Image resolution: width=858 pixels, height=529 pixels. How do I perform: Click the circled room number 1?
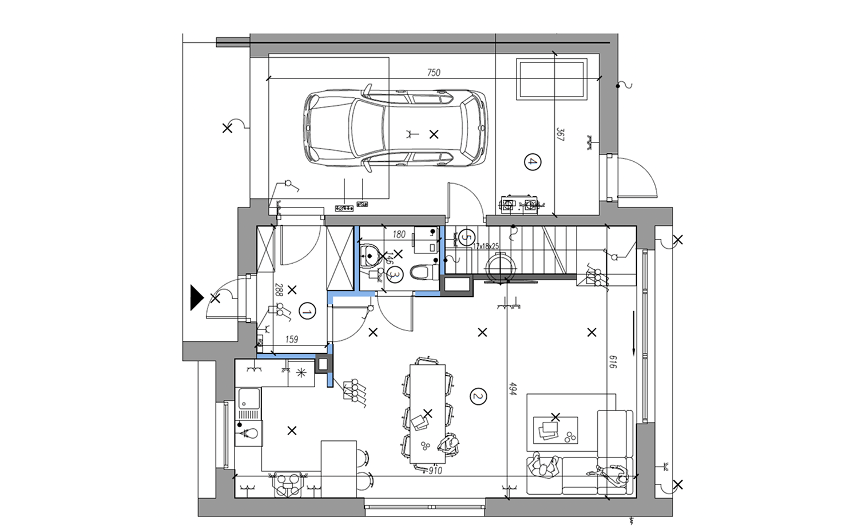pyautogui.click(x=307, y=311)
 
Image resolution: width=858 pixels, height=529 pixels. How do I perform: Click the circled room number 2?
pyautogui.click(x=478, y=397)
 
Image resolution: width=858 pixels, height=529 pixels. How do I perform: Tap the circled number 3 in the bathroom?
pyautogui.click(x=395, y=275)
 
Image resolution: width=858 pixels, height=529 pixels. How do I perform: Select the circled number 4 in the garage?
pyautogui.click(x=533, y=162)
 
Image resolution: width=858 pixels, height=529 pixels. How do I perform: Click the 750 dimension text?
pyautogui.click(x=434, y=73)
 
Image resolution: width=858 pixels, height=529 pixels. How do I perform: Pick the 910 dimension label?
pyautogui.click(x=435, y=471)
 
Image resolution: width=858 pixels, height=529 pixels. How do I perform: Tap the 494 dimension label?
pyautogui.click(x=513, y=388)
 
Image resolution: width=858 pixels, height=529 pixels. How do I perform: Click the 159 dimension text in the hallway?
pyautogui.click(x=292, y=339)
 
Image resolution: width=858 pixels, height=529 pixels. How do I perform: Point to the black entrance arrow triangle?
pyautogui.click(x=197, y=297)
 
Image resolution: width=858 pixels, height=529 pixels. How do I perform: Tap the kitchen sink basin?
pyautogui.click(x=249, y=399)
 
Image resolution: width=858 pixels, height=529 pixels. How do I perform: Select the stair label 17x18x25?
pyautogui.click(x=486, y=246)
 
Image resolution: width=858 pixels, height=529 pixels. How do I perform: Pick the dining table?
pyautogui.click(x=427, y=413)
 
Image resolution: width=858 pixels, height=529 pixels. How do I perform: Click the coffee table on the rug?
pyautogui.click(x=555, y=430)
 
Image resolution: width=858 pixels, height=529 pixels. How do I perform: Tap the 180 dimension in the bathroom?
pyautogui.click(x=399, y=234)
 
